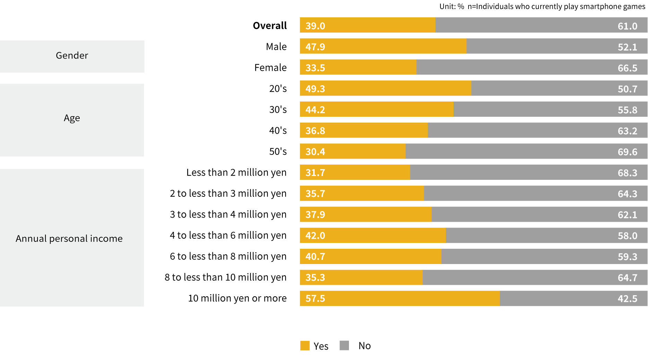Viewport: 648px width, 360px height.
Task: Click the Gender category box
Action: click(72, 56)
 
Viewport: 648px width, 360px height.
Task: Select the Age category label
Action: click(72, 118)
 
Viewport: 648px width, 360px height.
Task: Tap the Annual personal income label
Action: click(69, 238)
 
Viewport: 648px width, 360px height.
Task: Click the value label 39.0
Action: click(315, 26)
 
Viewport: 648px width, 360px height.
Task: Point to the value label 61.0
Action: click(627, 26)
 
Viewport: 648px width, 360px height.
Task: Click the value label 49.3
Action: click(315, 89)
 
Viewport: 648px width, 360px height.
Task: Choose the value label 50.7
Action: click(627, 89)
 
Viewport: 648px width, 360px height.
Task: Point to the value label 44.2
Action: click(315, 110)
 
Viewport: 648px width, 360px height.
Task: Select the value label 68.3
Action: click(627, 173)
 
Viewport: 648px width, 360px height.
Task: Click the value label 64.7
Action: click(627, 278)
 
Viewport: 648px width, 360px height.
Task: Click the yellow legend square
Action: click(305, 345)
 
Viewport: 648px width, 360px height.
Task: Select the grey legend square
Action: click(344, 345)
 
